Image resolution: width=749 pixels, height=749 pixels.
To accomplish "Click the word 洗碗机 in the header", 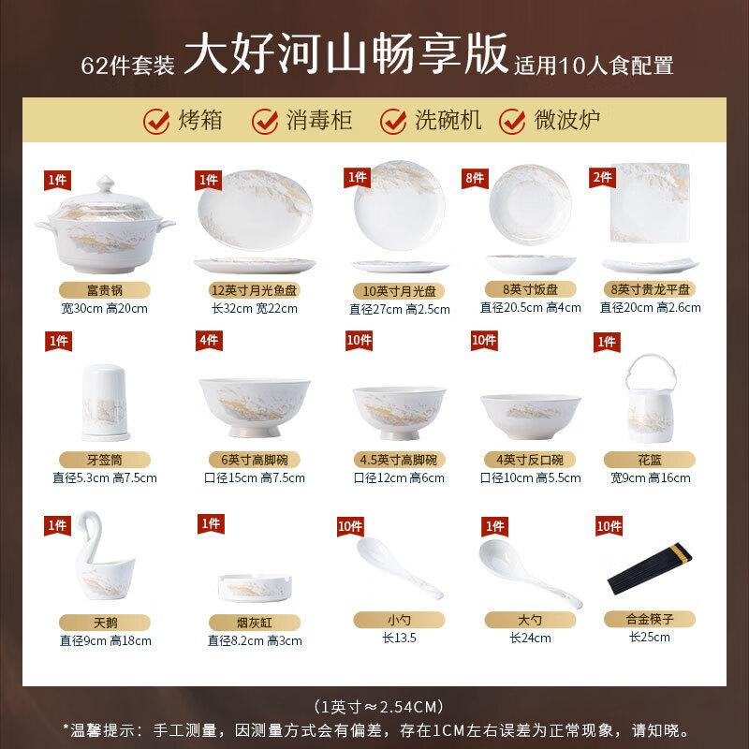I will coord(448,120).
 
